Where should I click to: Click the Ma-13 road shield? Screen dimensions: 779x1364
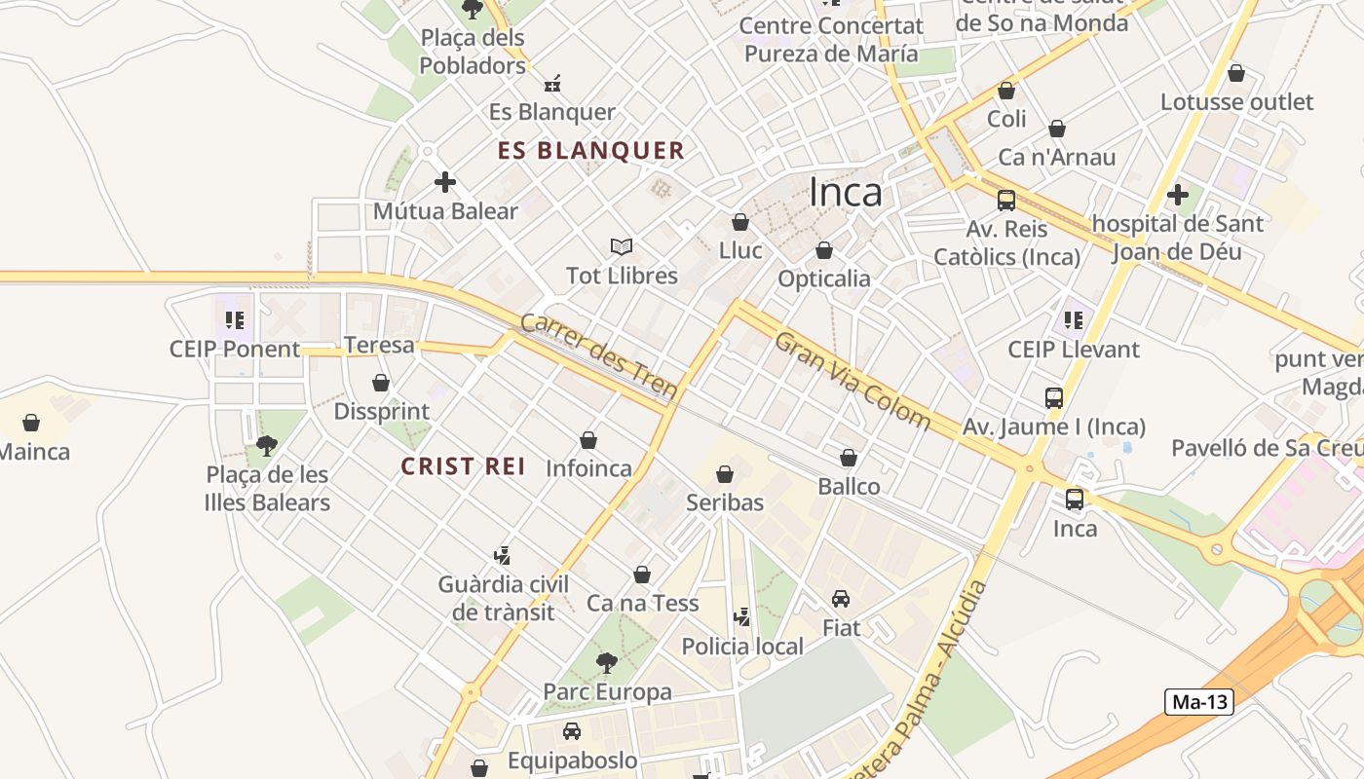point(1198,702)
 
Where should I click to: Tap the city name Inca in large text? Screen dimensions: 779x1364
point(846,193)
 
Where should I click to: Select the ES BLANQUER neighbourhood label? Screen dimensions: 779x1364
point(590,151)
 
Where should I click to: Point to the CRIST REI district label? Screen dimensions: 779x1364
point(463,466)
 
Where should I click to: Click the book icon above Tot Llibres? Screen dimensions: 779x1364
point(622,247)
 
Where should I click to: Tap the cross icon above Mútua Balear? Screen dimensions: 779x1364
point(445,182)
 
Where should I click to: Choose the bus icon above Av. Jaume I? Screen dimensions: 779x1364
point(1054,398)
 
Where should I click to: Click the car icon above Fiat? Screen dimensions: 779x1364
point(841,599)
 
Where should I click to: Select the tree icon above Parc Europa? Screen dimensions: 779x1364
point(606,664)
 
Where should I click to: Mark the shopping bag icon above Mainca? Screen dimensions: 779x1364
point(31,423)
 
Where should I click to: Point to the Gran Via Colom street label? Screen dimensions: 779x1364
point(852,380)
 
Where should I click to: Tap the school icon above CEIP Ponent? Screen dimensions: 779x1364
point(234,319)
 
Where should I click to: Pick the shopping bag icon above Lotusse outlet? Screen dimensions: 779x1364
point(1236,73)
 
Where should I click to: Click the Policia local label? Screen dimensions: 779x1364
point(742,647)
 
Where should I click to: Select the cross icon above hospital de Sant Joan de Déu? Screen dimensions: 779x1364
point(1178,195)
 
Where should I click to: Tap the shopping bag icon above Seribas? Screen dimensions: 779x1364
point(725,474)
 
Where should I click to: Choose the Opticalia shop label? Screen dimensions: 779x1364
point(824,279)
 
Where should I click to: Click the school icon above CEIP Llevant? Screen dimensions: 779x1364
point(1074,319)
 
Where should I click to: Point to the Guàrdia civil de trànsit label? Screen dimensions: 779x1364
point(503,598)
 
